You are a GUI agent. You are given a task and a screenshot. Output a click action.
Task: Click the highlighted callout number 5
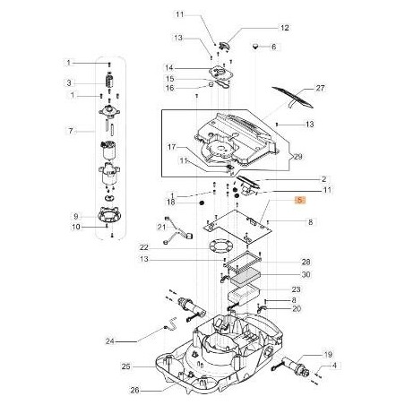pyautogui.click(x=301, y=202)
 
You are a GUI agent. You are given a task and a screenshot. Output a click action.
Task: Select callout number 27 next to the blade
pyautogui.click(x=320, y=90)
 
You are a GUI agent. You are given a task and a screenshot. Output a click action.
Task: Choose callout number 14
pyautogui.click(x=169, y=68)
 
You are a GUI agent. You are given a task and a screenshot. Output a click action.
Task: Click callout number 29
pyautogui.click(x=298, y=156)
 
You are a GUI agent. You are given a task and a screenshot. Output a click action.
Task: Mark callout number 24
pyautogui.click(x=135, y=340)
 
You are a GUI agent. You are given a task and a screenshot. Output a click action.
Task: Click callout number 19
pyautogui.click(x=327, y=354)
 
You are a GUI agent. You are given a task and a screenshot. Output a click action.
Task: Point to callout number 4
pyautogui.click(x=335, y=366)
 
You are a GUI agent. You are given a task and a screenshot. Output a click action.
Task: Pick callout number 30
pyautogui.click(x=306, y=274)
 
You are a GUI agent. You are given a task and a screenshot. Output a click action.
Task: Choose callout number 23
pyautogui.click(x=296, y=289)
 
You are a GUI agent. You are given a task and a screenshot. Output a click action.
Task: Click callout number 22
pyautogui.click(x=143, y=247)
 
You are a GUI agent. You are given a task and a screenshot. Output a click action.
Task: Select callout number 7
pyautogui.click(x=69, y=131)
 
